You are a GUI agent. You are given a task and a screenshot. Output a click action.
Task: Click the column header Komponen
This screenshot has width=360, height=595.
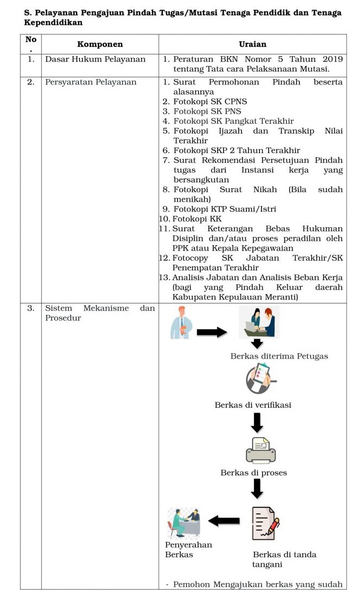point(100,44)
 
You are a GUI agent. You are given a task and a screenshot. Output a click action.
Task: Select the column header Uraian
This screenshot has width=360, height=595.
point(252,44)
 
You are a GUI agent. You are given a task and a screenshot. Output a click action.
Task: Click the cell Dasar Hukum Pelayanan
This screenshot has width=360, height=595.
point(95,59)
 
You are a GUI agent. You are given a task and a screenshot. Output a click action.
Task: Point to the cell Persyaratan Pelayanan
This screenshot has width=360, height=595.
point(91,82)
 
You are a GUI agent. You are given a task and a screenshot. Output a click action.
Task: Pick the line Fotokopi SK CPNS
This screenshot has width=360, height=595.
point(205,102)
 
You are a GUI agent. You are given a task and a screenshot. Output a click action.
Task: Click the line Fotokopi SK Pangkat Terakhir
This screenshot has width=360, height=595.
point(233,121)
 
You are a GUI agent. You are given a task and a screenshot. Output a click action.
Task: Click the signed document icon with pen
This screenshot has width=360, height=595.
point(265,523)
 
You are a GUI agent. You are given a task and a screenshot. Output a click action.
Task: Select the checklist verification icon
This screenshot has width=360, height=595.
point(259,379)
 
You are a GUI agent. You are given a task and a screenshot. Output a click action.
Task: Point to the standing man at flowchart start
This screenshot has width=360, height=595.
point(180,323)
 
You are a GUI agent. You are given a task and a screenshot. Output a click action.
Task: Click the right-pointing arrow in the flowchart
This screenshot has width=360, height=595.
point(212,332)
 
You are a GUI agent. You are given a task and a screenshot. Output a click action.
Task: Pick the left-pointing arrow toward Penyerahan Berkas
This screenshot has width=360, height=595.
point(224,521)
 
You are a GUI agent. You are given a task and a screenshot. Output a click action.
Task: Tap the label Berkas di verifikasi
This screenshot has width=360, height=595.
point(253,405)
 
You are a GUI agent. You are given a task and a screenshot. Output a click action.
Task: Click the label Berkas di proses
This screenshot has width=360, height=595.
point(253,473)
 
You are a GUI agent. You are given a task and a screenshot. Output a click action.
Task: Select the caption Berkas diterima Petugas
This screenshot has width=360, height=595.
point(279,356)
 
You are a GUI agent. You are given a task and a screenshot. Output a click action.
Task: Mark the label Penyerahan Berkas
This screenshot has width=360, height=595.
point(188,550)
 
